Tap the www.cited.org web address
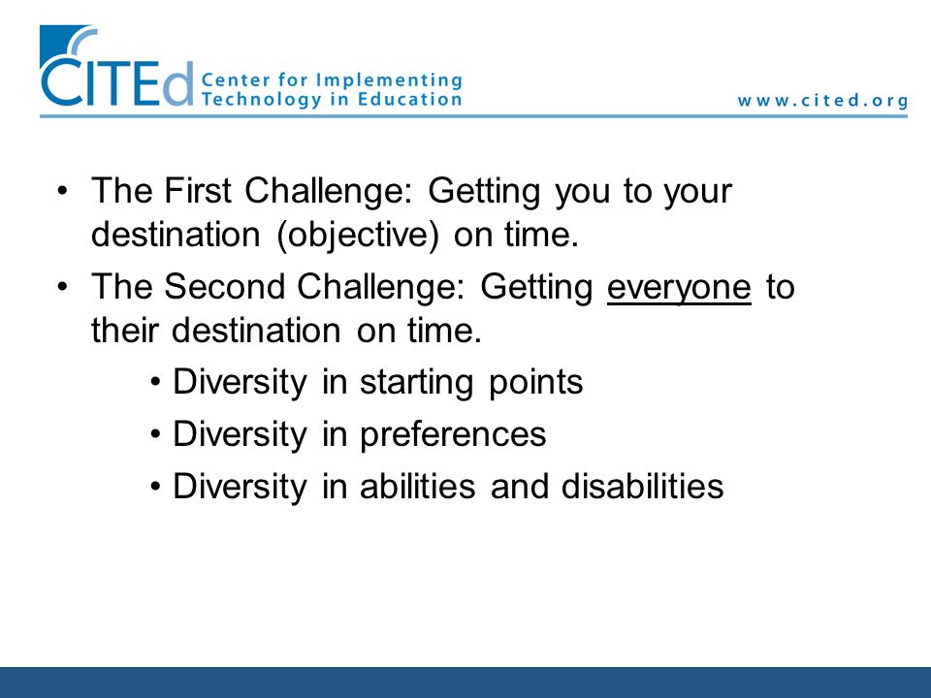(823, 100)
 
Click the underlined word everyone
(679, 287)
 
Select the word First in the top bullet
(197, 190)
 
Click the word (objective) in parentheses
(358, 234)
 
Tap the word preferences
(453, 434)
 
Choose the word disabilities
(642, 486)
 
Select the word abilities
(417, 486)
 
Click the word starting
(416, 382)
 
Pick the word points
(535, 382)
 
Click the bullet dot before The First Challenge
(62, 191)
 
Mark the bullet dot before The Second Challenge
(62, 287)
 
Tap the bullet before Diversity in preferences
(155, 434)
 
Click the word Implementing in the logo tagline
(389, 80)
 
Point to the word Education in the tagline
(409, 99)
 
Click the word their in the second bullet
(124, 330)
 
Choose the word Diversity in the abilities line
(240, 486)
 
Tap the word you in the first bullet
(583, 192)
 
